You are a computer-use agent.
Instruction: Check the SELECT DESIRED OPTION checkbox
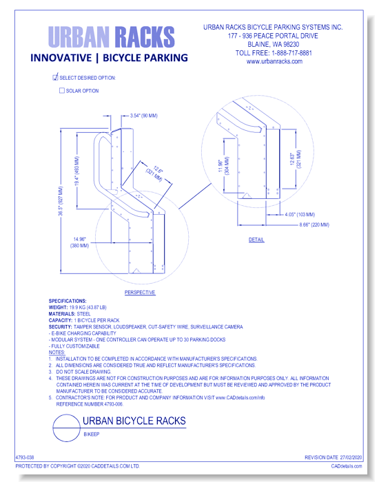pos(56,78)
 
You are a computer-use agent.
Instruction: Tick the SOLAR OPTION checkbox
pos(62,91)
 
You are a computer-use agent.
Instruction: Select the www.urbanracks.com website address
pos(274,61)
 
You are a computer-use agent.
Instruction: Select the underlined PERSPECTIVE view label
pos(140,293)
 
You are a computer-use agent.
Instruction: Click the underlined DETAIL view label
pos(256,240)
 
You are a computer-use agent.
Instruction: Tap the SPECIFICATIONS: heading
pos(68,301)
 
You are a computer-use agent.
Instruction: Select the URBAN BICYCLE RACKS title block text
pos(134,421)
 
